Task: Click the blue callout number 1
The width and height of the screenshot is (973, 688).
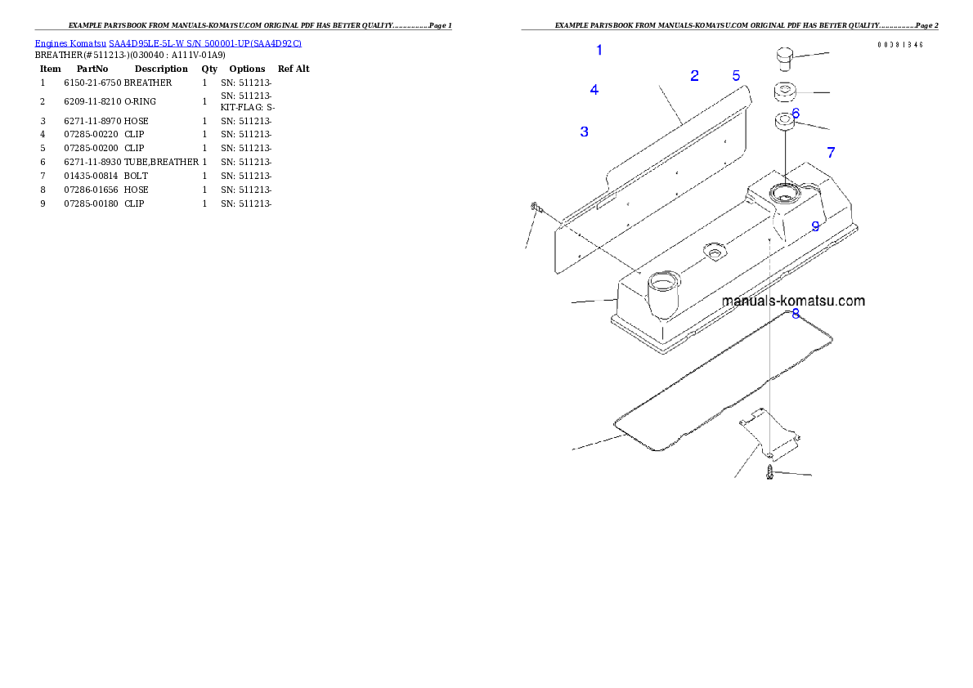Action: pos(599,50)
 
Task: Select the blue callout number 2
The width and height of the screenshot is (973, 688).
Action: pos(694,76)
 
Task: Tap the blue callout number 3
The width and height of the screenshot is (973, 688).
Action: pos(584,132)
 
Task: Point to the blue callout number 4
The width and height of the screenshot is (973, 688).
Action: pos(594,90)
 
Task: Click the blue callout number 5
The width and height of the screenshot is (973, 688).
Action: pos(736,76)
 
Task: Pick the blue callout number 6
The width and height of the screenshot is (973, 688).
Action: pos(796,114)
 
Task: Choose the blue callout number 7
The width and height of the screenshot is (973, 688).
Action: pos(831,153)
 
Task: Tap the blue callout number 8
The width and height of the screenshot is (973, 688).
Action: pos(796,314)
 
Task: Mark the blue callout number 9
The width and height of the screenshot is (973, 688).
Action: pos(815,226)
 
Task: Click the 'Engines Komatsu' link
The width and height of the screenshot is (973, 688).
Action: pos(70,43)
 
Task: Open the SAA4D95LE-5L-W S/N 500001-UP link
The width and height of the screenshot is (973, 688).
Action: pos(204,43)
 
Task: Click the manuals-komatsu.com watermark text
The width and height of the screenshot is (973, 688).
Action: pos(793,301)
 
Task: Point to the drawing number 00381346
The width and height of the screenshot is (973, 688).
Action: pos(899,45)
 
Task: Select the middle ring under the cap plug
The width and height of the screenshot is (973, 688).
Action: pos(785,92)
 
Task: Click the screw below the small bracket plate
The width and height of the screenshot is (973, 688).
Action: pos(769,472)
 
